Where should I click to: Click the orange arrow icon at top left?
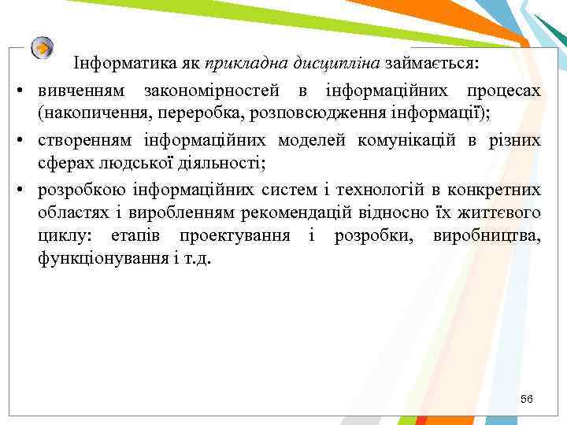tap(43, 48)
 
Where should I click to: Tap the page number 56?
tap(526, 400)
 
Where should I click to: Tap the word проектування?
tap(235, 236)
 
